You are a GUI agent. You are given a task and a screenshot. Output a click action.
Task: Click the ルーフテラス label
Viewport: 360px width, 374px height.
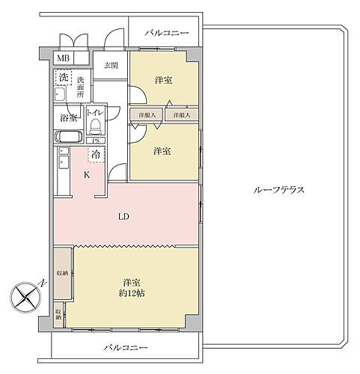coord(278,190)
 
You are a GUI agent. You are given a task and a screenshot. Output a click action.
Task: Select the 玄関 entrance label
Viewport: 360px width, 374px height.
coord(111,66)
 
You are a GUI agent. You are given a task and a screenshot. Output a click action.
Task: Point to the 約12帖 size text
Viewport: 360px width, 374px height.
coord(132,295)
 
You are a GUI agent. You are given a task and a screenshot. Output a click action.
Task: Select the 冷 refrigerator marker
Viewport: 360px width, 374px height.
coord(96,154)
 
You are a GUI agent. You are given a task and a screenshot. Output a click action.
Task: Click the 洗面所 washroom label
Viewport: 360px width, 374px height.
coord(81,88)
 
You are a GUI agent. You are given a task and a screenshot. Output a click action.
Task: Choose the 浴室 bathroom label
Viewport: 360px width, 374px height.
coord(67,118)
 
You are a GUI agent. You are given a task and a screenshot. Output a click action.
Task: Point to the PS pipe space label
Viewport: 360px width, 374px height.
coord(95,141)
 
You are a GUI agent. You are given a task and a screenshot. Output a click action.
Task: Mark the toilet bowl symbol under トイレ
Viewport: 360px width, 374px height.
coord(95,126)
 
